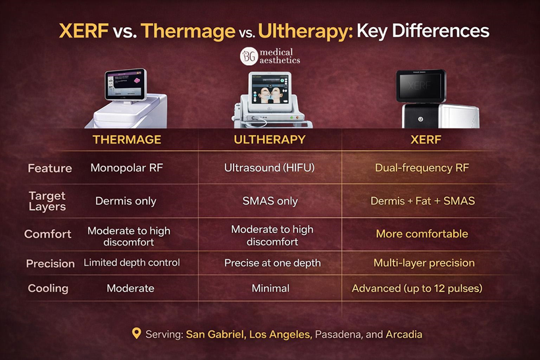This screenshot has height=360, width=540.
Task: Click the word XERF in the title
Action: [84, 31]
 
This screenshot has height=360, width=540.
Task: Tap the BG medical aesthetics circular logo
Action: [249, 57]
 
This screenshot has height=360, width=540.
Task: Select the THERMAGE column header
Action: [127, 140]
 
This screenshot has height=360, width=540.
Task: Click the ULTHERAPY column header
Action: [270, 140]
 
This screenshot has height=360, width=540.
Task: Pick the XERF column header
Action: [426, 140]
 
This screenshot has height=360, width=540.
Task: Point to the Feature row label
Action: [50, 168]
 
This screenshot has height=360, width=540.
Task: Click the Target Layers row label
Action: [47, 201]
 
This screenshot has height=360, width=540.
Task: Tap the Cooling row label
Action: [48, 288]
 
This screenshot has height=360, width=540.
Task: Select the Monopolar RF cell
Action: [127, 168]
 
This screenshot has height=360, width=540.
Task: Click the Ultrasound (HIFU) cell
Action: [269, 168]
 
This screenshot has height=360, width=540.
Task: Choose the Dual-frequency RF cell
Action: [422, 168]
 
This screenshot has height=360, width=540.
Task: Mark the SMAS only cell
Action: [270, 201]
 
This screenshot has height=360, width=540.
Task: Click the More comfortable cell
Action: [422, 234]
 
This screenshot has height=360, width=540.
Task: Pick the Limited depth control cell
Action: [132, 263]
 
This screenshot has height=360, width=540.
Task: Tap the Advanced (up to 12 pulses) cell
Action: [417, 288]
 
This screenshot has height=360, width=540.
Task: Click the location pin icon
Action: [136, 333]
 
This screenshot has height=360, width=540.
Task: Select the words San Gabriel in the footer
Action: [216, 334]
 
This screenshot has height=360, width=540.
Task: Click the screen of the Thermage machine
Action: [125, 84]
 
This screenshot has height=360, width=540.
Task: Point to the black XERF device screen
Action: [420, 85]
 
